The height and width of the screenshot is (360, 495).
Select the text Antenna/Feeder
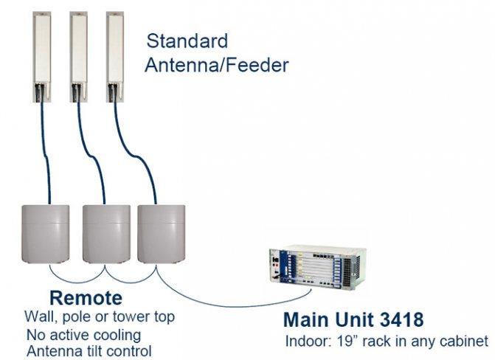coord(216,65)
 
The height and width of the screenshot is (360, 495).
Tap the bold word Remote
coord(86,299)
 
